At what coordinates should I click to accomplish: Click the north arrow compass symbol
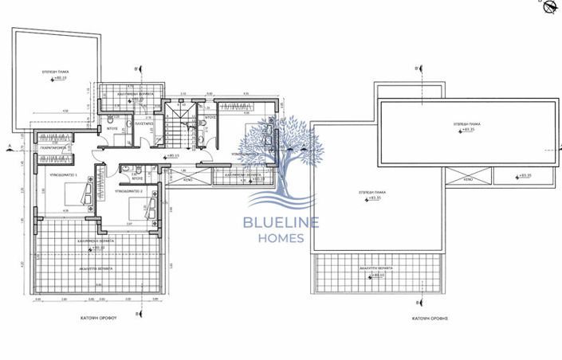click(x=550, y=7)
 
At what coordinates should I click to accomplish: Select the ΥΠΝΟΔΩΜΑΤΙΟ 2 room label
click(x=129, y=192)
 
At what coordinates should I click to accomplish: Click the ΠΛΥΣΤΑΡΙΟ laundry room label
click(x=144, y=125)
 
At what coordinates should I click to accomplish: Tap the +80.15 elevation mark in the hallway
click(x=171, y=156)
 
